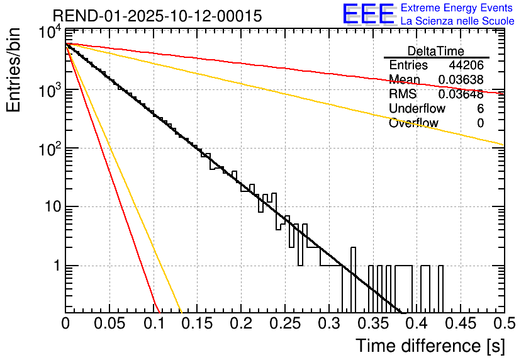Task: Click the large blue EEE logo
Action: pyautogui.click(x=368, y=14)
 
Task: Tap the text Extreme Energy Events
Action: pyautogui.click(x=457, y=8)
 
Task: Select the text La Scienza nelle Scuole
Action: pyautogui.click(x=457, y=21)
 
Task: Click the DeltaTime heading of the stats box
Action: pyautogui.click(x=436, y=51)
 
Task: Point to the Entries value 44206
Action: pyautogui.click(x=466, y=65)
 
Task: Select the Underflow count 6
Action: pyautogui.click(x=480, y=109)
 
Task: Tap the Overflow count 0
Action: pyautogui.click(x=480, y=123)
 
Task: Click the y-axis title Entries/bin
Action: pyautogui.click(x=15, y=70)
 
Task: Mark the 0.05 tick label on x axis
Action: pyautogui.click(x=109, y=323)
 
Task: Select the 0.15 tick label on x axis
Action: pyautogui.click(x=197, y=323)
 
